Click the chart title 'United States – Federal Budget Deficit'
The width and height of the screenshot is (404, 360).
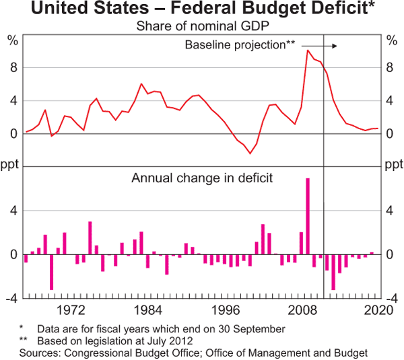[x=201, y=9]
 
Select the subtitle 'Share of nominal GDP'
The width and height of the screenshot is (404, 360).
[x=201, y=26]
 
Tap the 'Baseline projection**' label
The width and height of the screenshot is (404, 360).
[x=240, y=45]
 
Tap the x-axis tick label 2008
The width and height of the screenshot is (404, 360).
[x=303, y=310]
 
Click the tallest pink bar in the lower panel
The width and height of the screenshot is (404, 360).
[x=308, y=215]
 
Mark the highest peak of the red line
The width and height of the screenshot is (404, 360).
[x=308, y=50]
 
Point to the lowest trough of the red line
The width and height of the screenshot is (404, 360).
[x=250, y=153]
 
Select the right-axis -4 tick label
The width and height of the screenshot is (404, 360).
[x=391, y=298]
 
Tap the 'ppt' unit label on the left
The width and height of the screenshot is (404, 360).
[x=10, y=164]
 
